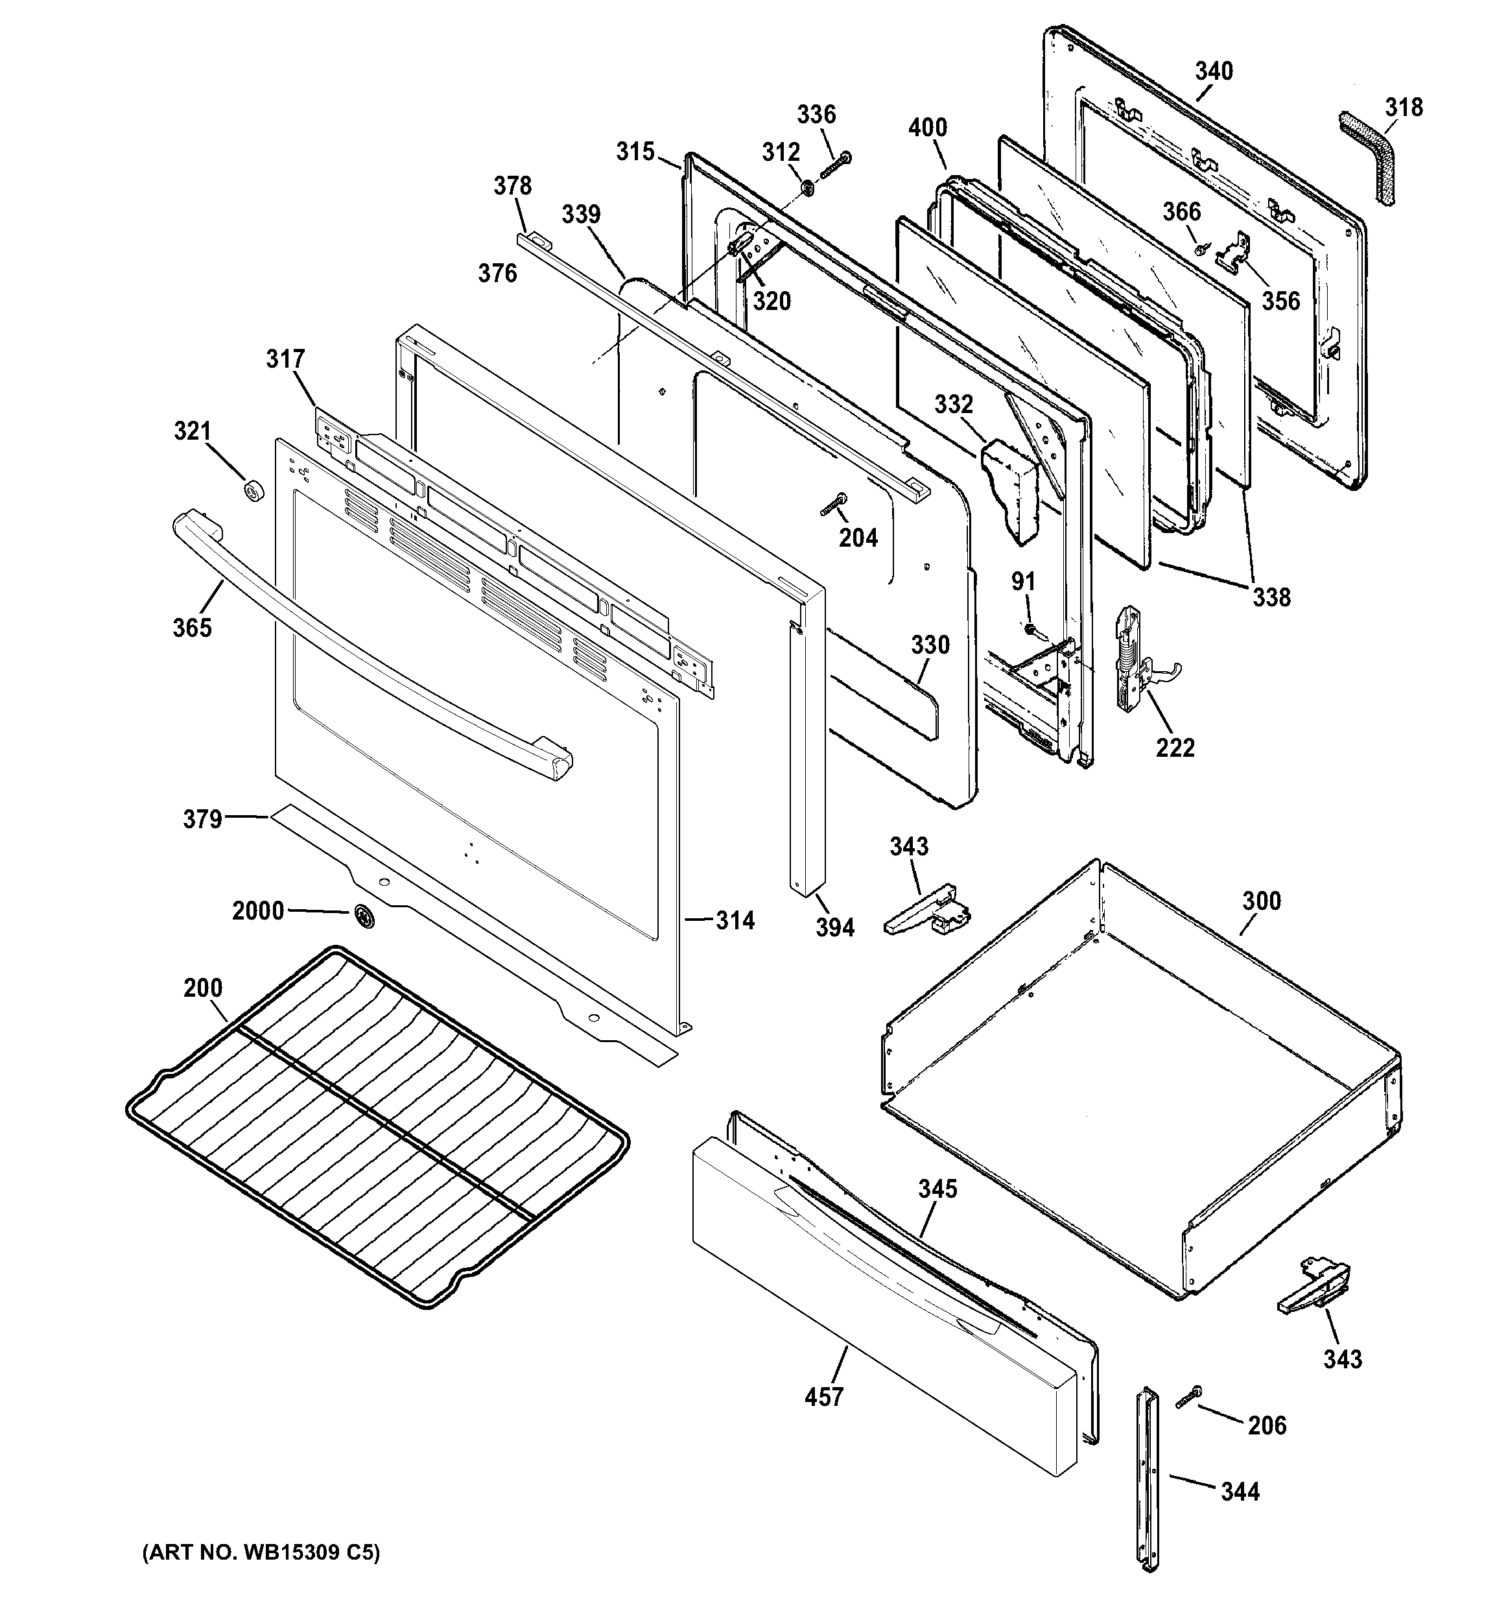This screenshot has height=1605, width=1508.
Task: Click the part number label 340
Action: tap(1214, 71)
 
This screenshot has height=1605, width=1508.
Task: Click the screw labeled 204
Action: tap(832, 505)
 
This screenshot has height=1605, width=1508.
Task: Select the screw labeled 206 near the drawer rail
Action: tap(1188, 1397)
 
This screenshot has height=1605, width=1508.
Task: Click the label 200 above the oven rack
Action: tap(203, 988)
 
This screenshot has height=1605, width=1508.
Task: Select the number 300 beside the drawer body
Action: tap(1261, 900)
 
